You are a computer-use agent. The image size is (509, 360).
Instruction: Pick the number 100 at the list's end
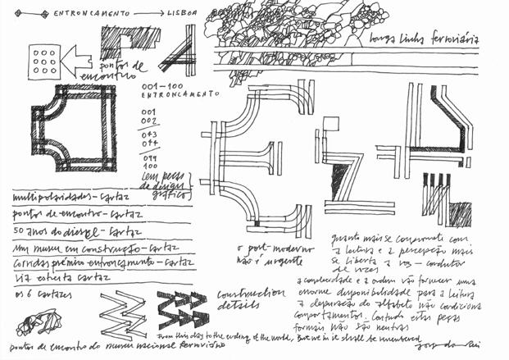[148, 165]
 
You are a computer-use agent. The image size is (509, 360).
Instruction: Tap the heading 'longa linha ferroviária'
[423, 39]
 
